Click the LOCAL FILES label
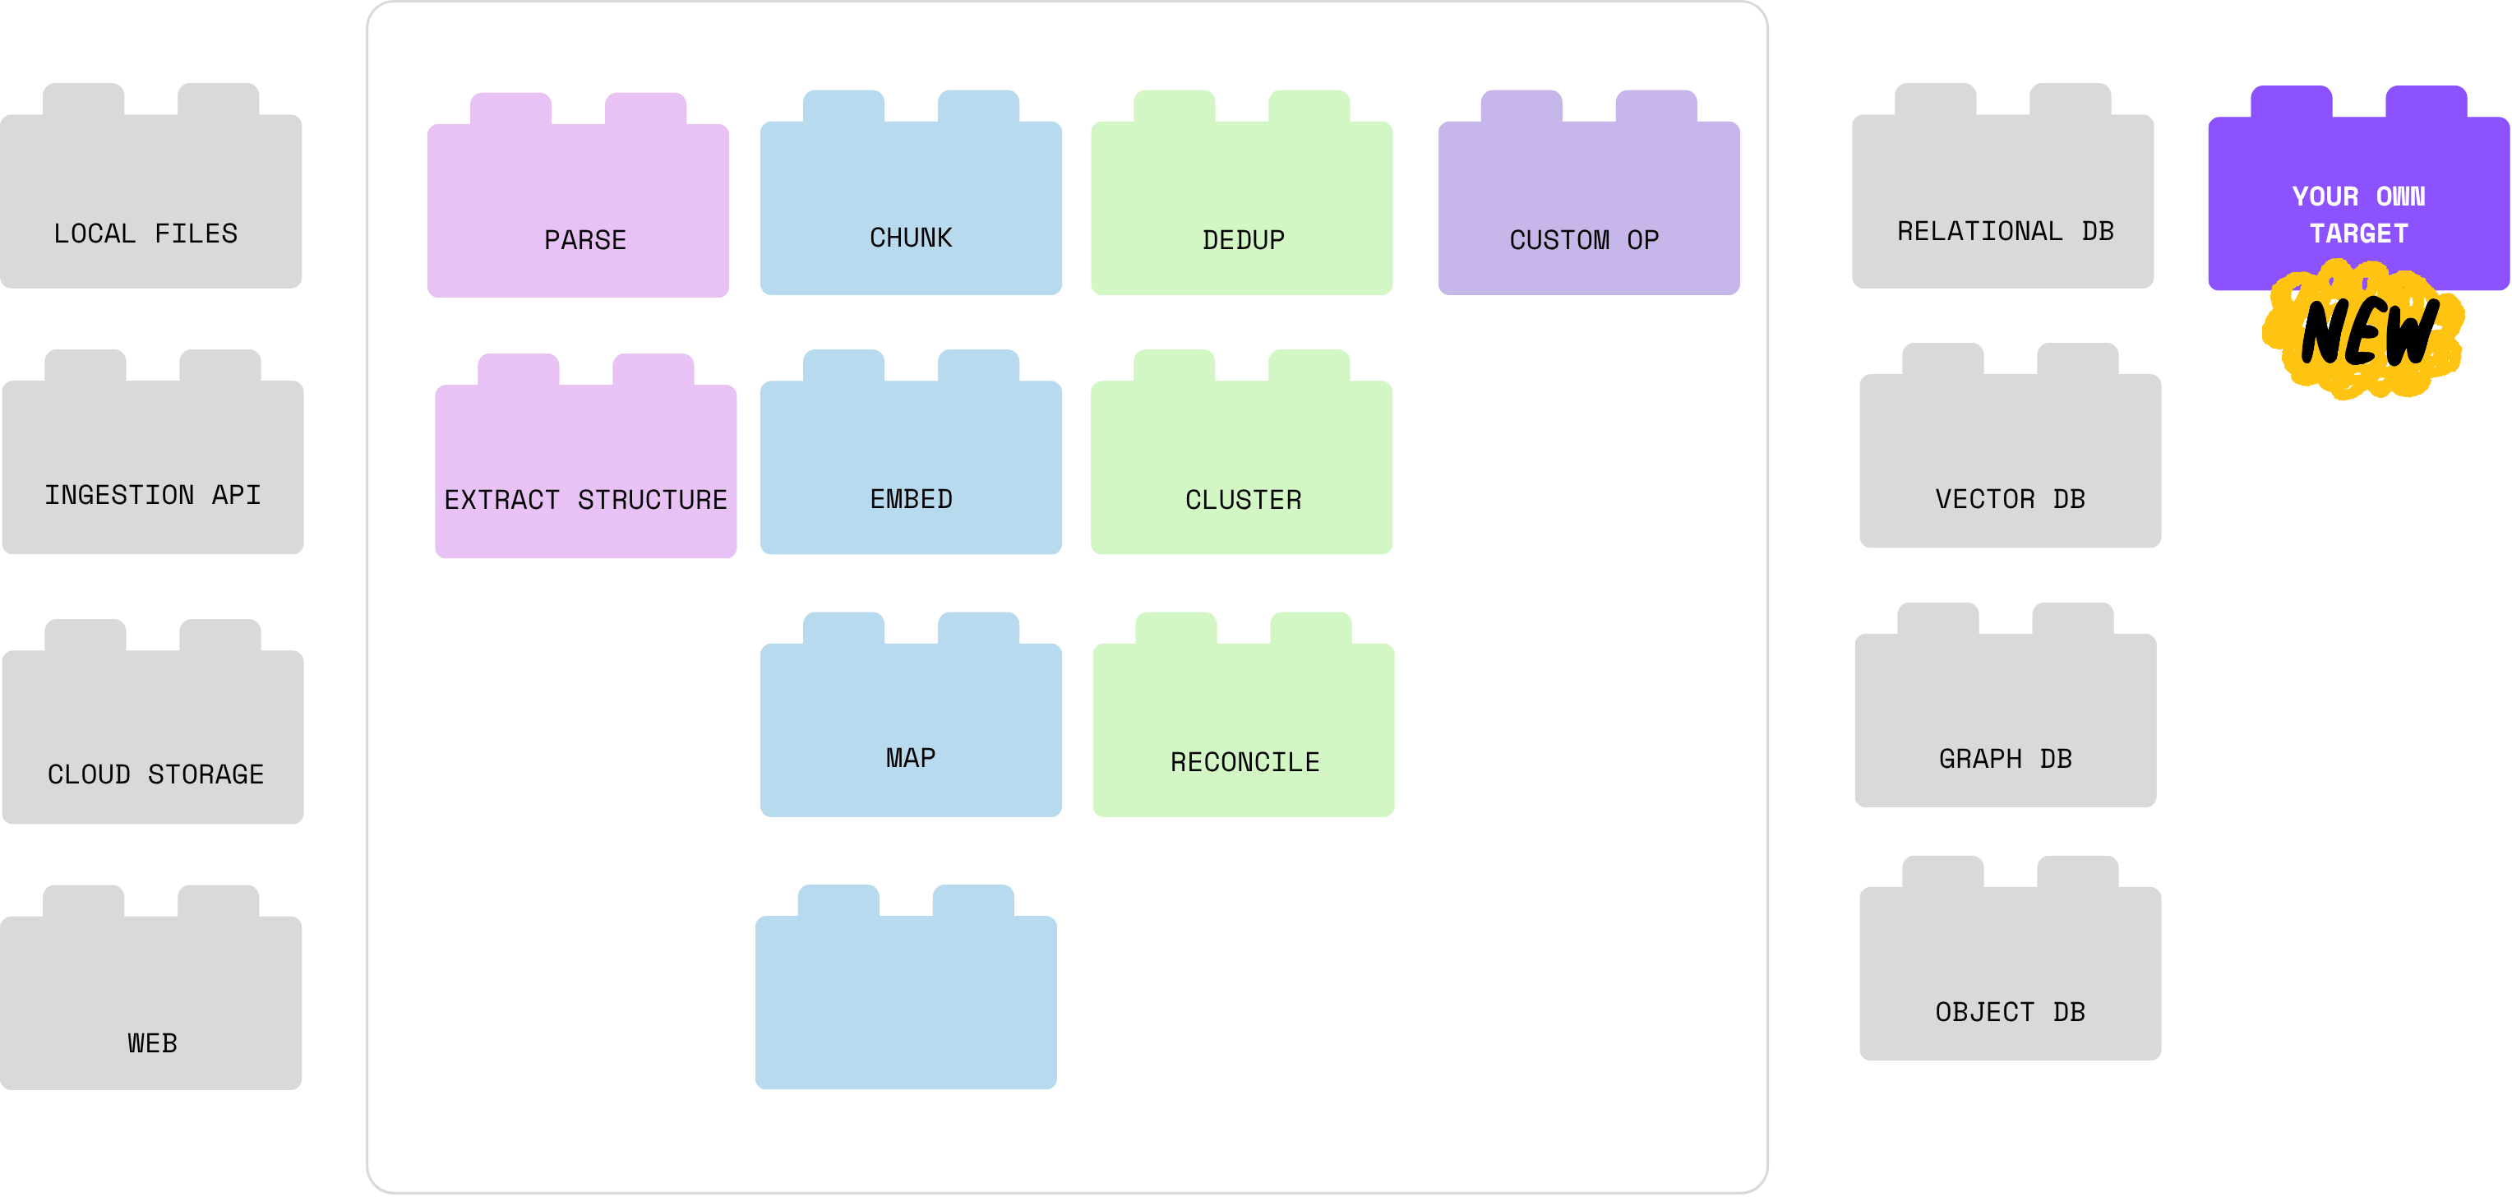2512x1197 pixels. point(145,234)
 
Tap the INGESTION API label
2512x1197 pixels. point(153,496)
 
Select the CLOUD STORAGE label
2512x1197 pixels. point(156,774)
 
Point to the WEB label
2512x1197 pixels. point(152,1044)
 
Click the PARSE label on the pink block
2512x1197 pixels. point(585,240)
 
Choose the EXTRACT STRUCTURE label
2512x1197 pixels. point(585,501)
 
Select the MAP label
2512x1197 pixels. point(911,758)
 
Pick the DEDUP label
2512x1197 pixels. point(1244,240)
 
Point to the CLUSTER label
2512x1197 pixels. point(1244,501)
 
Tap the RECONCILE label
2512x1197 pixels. point(1245,763)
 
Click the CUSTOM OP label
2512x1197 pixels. point(1585,240)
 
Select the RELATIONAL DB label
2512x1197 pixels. point(2006,231)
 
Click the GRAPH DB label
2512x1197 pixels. point(2006,759)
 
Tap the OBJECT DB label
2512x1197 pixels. point(2011,1013)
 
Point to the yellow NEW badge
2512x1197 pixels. point(2364,330)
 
